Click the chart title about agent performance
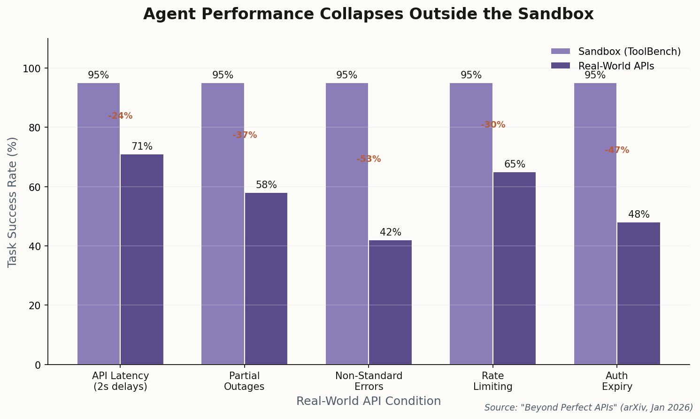point(368,14)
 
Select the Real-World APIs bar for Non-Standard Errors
point(390,302)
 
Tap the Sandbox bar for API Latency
point(99,223)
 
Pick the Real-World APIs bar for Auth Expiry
point(638,293)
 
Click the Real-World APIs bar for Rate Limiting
point(514,268)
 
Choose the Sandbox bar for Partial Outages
point(223,223)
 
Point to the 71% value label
point(142,147)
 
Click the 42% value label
point(390,233)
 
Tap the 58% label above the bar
point(266,185)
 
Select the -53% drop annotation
point(369,159)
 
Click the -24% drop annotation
point(120,116)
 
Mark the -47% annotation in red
point(617,150)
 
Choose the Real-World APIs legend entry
point(616,66)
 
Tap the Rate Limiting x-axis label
point(492,381)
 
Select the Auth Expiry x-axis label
point(617,381)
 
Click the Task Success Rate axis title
point(13,202)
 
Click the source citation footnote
point(588,408)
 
